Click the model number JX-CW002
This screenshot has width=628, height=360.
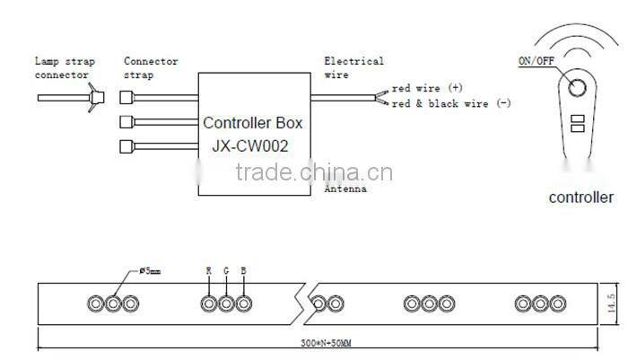tap(250, 146)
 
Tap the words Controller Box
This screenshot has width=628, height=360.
tap(253, 123)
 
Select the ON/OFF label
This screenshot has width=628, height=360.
tap(536, 61)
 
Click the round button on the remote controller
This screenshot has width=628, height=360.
tap(577, 87)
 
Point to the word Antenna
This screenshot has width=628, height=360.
tap(345, 189)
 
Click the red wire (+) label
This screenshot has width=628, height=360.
tap(427, 88)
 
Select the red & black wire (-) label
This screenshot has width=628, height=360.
tap(451, 103)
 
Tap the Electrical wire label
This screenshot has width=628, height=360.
tap(353, 67)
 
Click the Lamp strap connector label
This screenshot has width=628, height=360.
tap(65, 67)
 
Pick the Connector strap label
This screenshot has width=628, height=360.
tap(151, 67)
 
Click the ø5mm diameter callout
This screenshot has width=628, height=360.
tap(150, 271)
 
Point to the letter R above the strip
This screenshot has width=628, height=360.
tap(209, 271)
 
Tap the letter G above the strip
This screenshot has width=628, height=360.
tap(226, 271)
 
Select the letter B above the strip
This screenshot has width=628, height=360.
tap(243, 271)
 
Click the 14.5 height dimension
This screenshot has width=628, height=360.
tap(611, 303)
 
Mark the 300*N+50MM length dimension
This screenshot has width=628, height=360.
tap(326, 343)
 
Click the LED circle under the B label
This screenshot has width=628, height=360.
tap(243, 303)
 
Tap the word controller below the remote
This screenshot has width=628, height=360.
tap(580, 198)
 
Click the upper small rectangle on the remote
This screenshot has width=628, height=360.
tap(578, 119)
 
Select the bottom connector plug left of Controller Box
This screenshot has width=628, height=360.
tap(126, 146)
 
